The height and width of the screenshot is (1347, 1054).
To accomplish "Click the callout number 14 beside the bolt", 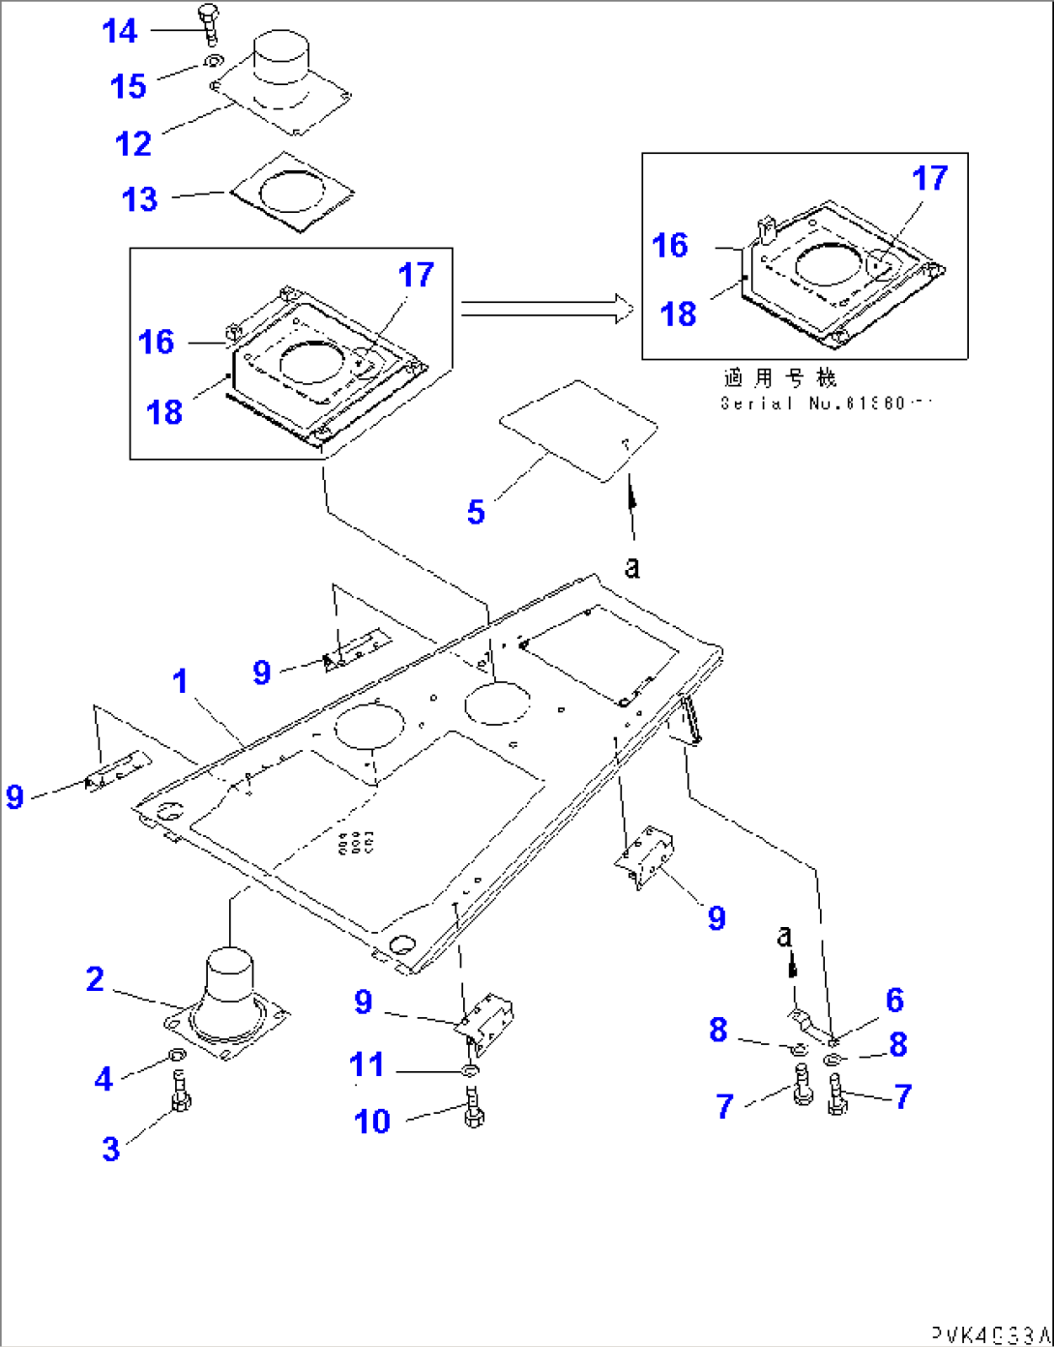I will pos(120,31).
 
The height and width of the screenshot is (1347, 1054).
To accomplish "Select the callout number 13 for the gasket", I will pos(139,199).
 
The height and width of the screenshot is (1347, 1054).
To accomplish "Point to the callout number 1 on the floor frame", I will pos(180,681).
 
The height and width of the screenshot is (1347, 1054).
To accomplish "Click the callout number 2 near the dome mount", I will pos(95,979).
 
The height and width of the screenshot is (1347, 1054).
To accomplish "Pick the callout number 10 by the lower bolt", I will pos(372,1121).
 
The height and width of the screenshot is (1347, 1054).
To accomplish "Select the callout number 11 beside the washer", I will pos(366,1064).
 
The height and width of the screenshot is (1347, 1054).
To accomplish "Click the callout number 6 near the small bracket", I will pos(894,1000).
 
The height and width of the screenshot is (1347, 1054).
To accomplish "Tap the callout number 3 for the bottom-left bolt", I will pos(111,1149).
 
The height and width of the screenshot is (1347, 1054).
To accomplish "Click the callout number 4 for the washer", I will pos(103,1078).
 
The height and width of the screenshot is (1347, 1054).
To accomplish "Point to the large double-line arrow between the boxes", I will pos(546,309).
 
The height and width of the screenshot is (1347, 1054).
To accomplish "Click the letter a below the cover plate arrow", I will pos(631,566).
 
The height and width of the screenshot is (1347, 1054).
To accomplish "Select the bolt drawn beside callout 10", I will pos(472,1106).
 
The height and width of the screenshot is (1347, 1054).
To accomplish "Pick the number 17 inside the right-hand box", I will pos(930,178).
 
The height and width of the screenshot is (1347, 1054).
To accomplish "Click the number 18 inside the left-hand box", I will pos(164,412).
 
